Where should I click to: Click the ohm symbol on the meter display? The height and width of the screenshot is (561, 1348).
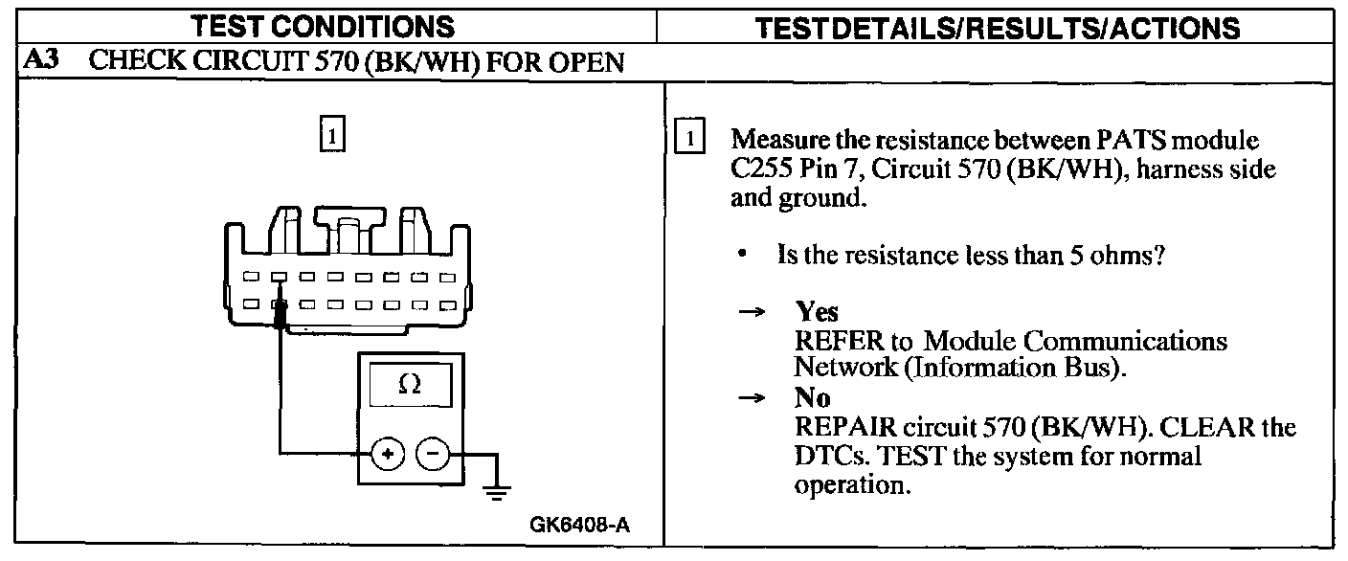click(x=408, y=384)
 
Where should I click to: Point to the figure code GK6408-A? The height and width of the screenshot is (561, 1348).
click(x=581, y=525)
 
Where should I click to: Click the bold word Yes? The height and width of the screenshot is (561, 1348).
click(x=816, y=312)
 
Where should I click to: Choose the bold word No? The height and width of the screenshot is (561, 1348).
click(x=812, y=397)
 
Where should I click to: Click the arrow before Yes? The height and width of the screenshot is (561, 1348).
click(x=754, y=312)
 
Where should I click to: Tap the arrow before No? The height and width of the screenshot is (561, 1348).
click(x=754, y=397)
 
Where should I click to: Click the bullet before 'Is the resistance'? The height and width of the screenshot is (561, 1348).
click(x=742, y=257)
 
